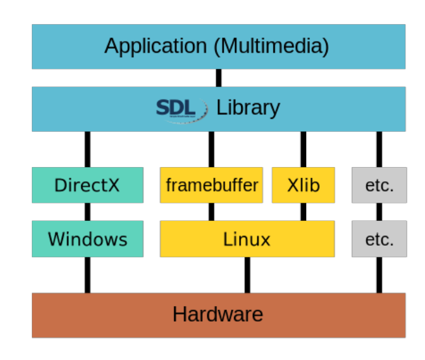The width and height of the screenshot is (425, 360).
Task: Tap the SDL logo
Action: click(181, 107)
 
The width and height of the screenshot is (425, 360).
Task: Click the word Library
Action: click(248, 107)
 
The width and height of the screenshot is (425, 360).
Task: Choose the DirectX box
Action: click(87, 185)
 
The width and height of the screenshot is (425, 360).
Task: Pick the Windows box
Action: click(87, 238)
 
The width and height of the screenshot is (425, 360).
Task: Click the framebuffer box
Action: click(212, 185)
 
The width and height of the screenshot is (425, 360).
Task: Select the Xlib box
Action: click(303, 185)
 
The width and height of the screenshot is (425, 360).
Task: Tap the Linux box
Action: click(247, 238)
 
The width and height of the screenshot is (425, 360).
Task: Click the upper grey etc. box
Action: click(380, 185)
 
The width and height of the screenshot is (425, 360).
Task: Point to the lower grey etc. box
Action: click(380, 238)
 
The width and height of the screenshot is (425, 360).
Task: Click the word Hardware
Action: click(218, 315)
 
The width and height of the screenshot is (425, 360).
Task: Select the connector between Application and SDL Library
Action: click(218, 78)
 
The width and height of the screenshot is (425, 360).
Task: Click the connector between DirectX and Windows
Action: click(87, 212)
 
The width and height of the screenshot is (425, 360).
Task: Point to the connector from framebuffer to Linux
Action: click(212, 212)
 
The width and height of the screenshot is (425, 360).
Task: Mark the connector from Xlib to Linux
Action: click(303, 212)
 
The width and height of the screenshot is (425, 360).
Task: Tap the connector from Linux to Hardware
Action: click(247, 275)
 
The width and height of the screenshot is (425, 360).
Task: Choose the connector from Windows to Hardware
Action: click(87, 275)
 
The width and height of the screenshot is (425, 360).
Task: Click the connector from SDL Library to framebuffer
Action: click(212, 149)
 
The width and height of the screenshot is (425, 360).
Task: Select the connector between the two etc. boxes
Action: click(380, 212)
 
